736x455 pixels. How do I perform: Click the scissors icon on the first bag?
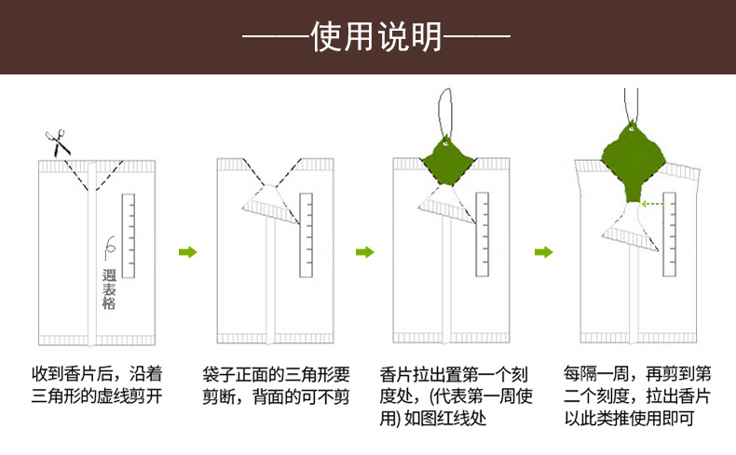click(x=58, y=142)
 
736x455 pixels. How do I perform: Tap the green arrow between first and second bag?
click(x=188, y=252)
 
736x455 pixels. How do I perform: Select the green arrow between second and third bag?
click(x=366, y=252)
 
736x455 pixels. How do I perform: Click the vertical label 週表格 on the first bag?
click(x=109, y=289)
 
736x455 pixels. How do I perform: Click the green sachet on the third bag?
click(x=448, y=159)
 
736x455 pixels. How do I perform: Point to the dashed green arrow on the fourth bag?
click(x=658, y=203)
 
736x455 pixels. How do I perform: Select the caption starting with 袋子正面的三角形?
click(x=276, y=385)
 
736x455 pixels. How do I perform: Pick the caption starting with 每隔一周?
click(x=637, y=396)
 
